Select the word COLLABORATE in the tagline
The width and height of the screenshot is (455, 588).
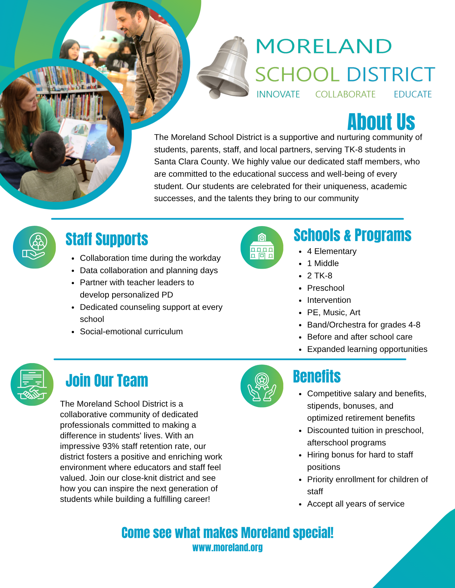pyautogui.click(x=345, y=94)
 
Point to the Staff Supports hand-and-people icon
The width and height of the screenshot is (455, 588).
pyautogui.click(x=34, y=247)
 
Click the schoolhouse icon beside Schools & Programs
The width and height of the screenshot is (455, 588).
pyautogui.click(x=262, y=247)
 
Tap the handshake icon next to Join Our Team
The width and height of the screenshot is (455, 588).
pyautogui.click(x=32, y=385)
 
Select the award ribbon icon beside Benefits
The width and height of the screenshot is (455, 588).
pyautogui.click(x=262, y=386)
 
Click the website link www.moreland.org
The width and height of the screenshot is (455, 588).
pyautogui.click(x=227, y=547)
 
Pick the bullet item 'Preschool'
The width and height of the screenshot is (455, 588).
pyautogui.click(x=325, y=288)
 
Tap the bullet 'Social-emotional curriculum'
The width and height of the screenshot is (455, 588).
pyautogui.click(x=131, y=332)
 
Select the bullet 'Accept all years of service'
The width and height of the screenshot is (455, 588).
pyautogui.click(x=355, y=504)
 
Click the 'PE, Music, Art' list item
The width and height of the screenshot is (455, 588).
pyautogui.click(x=333, y=313)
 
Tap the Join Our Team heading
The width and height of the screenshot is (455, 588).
pyautogui.click(x=107, y=381)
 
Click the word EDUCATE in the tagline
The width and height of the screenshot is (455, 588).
pyautogui.click(x=413, y=94)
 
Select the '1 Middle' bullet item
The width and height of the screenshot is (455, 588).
pyautogui.click(x=323, y=263)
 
